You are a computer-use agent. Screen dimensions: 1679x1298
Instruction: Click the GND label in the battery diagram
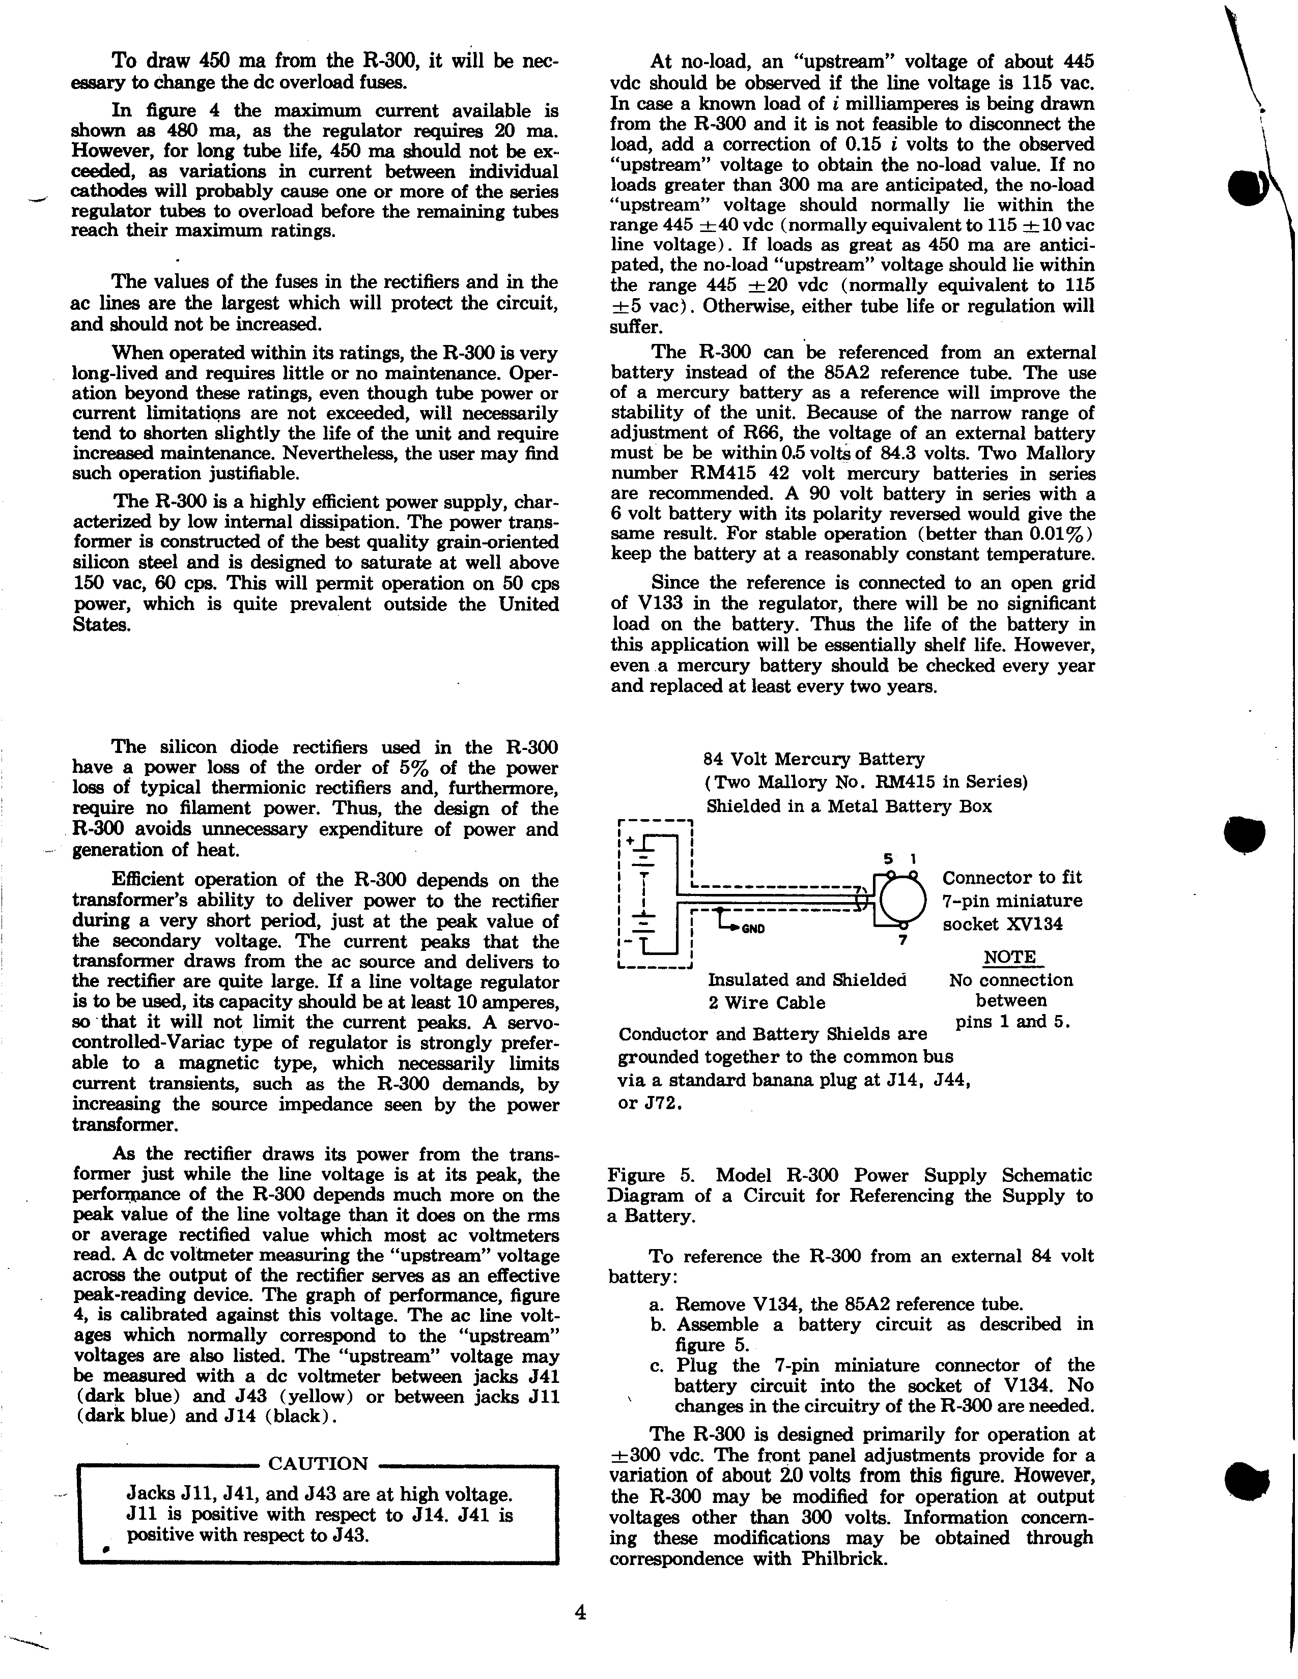point(753,928)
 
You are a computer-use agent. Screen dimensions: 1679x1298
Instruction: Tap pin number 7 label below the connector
point(903,939)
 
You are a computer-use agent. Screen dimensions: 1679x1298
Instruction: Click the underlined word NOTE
point(1010,957)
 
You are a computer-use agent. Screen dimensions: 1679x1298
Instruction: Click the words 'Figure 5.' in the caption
point(652,1175)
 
